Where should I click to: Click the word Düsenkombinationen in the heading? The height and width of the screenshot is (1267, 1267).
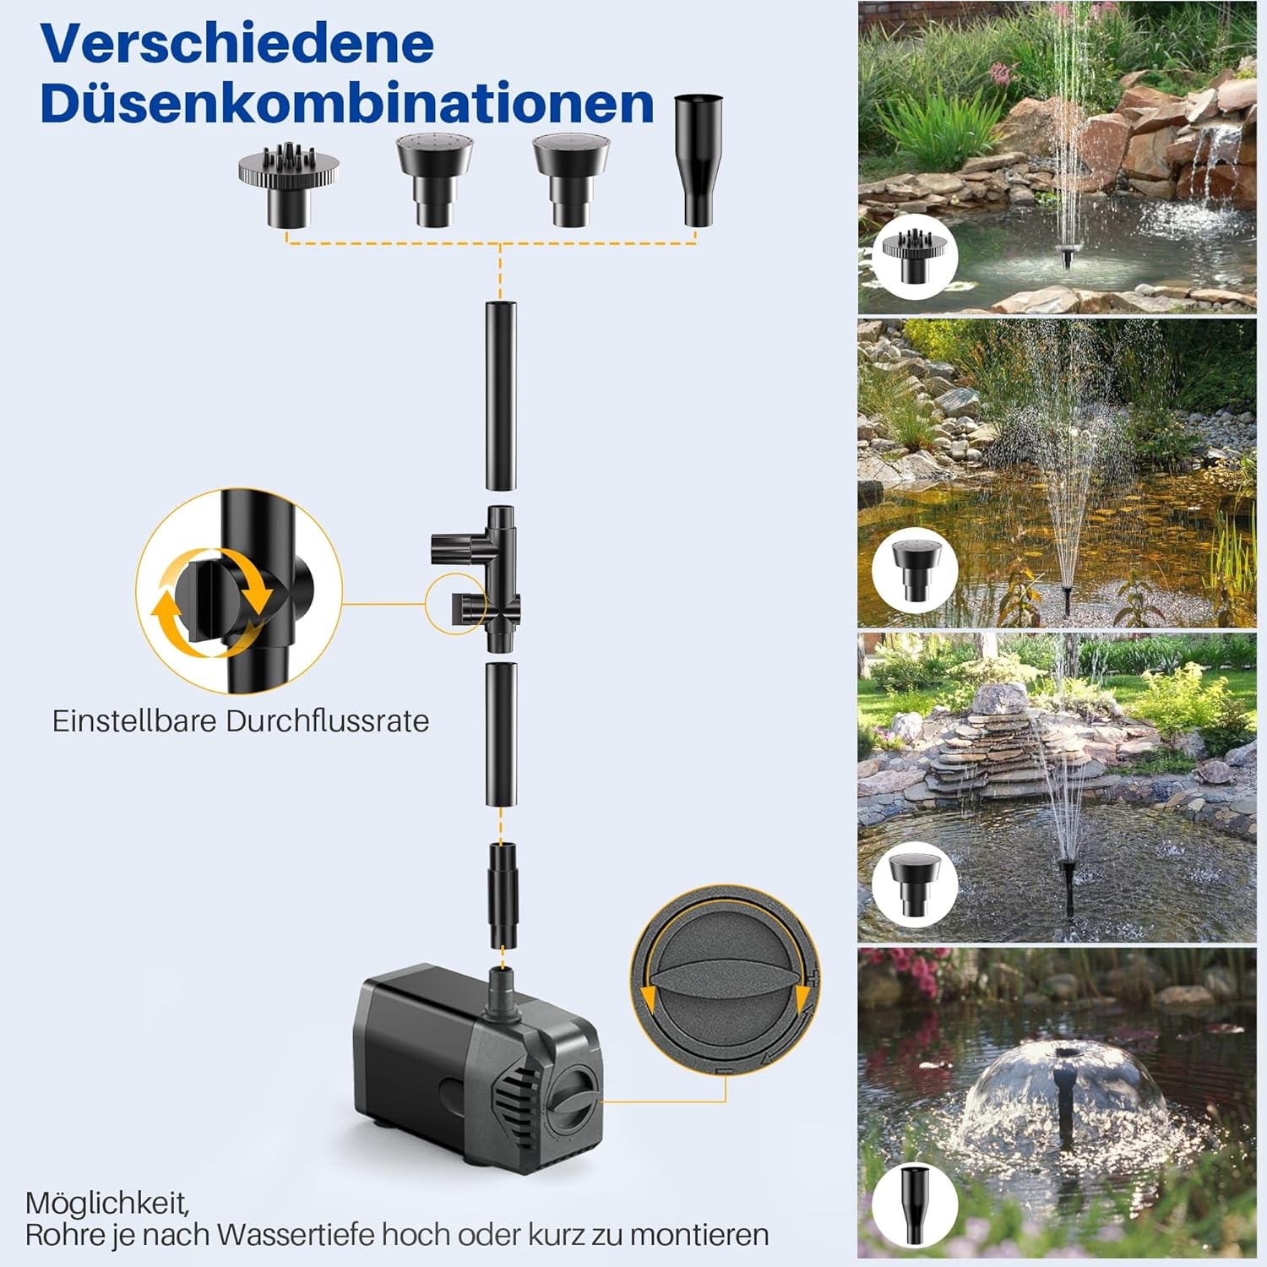point(347,103)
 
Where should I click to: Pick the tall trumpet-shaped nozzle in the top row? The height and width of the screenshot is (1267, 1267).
point(698,160)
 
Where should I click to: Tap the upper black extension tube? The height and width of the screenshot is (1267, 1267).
point(501,395)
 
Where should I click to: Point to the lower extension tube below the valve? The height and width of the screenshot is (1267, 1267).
point(501,734)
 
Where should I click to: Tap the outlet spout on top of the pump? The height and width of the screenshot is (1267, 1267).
point(503,988)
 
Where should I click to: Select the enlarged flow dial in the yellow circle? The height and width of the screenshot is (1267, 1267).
point(725,979)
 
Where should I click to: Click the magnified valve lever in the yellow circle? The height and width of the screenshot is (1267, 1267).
point(224,601)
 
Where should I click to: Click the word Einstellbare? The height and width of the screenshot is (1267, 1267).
point(135,721)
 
